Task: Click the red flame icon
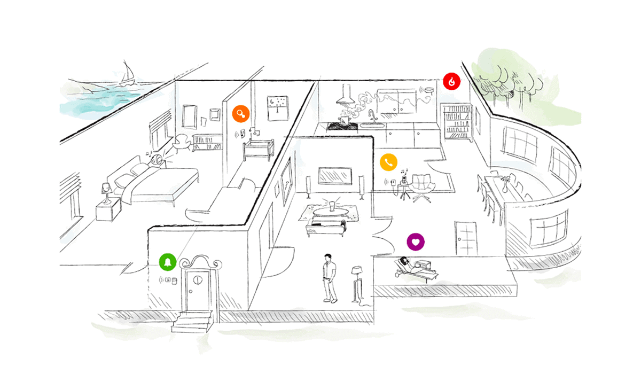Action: tap(452, 82)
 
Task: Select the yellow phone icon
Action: tap(388, 162)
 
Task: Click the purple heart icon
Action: tap(416, 241)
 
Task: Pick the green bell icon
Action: tap(168, 262)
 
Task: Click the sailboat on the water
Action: tap(128, 74)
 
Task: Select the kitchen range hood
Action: tap(346, 97)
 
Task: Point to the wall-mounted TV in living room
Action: tap(334, 176)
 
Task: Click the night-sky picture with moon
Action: tap(277, 108)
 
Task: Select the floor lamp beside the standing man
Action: tap(356, 284)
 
